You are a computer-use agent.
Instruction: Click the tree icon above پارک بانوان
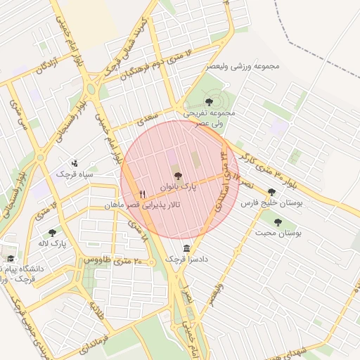point(176,176)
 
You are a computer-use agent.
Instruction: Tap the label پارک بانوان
point(176,188)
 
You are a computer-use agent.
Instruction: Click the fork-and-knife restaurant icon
point(143,194)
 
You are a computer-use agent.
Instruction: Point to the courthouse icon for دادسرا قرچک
point(186,248)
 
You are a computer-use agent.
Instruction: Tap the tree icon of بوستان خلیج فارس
point(271,191)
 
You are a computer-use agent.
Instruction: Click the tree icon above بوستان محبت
point(278,222)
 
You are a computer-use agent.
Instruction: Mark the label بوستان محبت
point(278,233)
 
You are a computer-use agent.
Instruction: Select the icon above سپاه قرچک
point(75,163)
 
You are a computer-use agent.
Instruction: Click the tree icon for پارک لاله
point(52,233)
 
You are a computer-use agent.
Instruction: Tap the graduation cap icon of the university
point(10,259)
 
